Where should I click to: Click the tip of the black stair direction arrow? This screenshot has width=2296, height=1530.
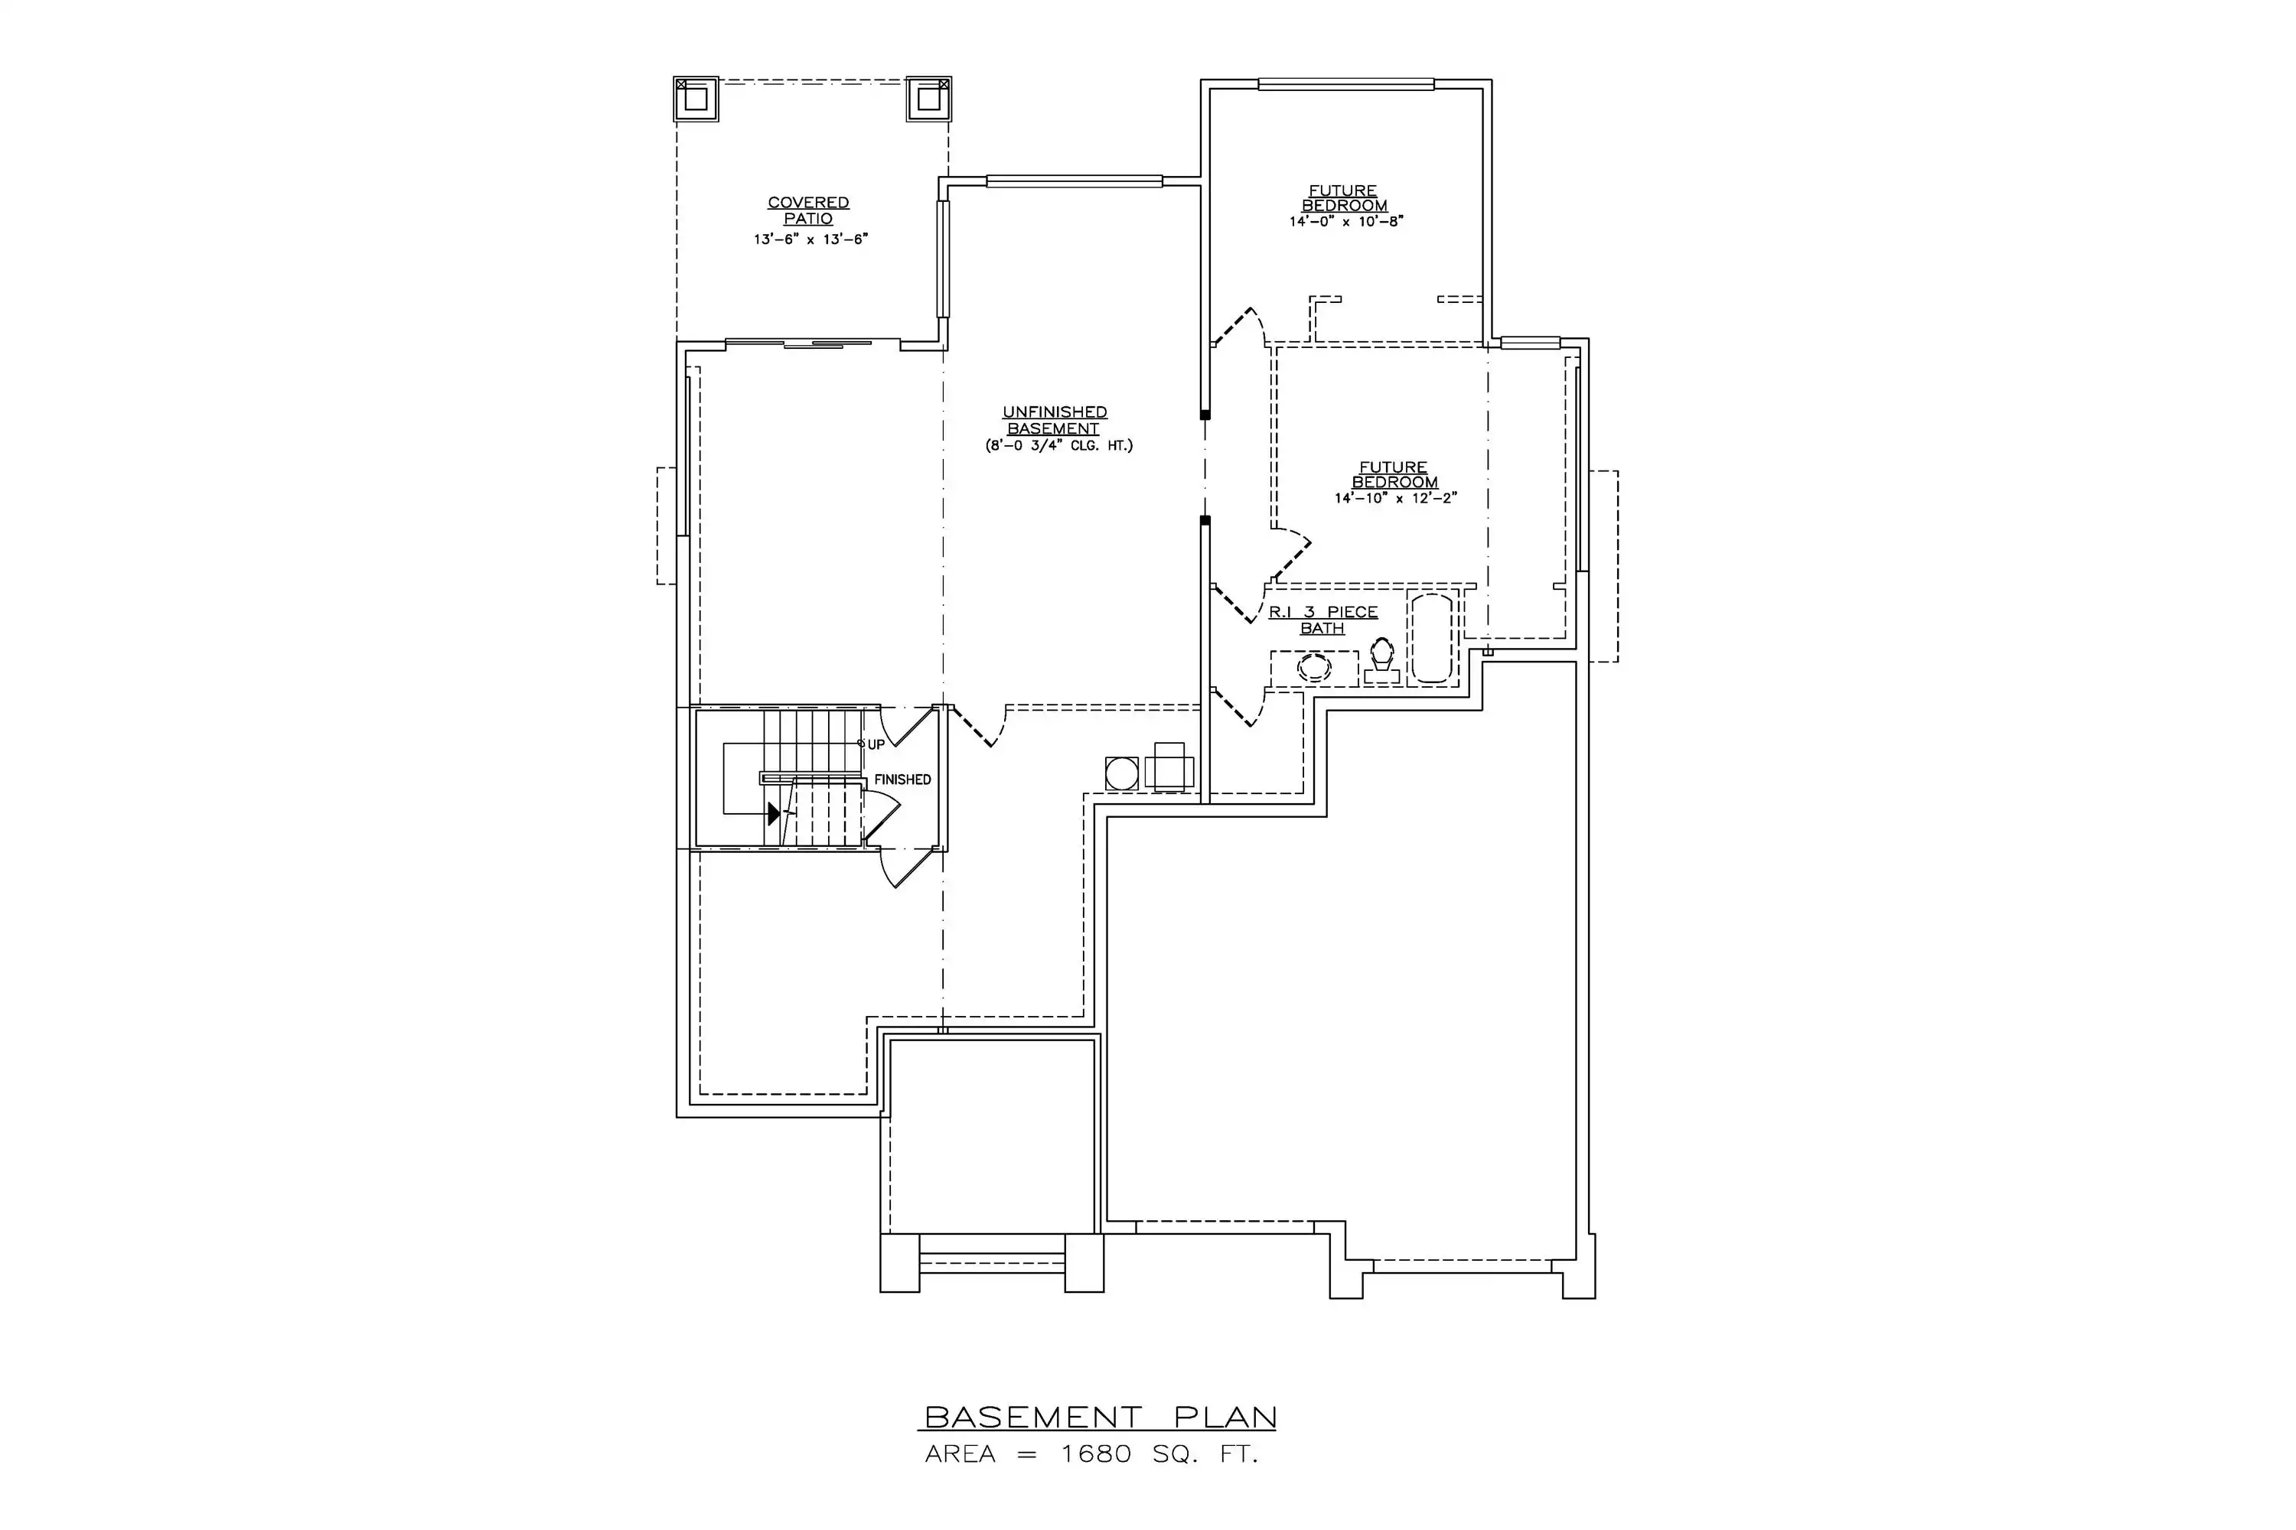coord(781,812)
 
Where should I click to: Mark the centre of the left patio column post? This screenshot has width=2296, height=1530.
coord(696,99)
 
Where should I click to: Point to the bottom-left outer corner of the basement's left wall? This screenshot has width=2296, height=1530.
coord(677,1116)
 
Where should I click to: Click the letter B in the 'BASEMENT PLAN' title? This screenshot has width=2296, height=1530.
coord(936,1417)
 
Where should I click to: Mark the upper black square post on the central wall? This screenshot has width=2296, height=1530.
coord(1205,415)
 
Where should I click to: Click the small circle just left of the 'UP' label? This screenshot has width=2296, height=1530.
coord(861,744)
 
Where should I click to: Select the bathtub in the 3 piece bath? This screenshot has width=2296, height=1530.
coord(1431,638)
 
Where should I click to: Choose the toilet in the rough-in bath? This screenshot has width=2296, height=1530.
coord(1382,662)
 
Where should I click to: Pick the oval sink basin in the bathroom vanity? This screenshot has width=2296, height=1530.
coord(1314,669)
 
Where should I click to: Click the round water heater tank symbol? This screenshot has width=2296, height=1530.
coord(1122,773)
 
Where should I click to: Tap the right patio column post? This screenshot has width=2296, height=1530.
coord(928,99)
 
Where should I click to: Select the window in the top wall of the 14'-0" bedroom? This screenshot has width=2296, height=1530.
coord(1346,84)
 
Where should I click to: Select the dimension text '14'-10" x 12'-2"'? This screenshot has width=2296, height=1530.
coord(1396,499)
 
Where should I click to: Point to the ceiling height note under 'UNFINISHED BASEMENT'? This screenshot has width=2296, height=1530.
coord(1059,447)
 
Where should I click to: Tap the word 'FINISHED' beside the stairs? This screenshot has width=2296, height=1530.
coord(902,780)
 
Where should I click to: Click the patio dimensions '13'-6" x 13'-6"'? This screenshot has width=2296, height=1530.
coord(810,239)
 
